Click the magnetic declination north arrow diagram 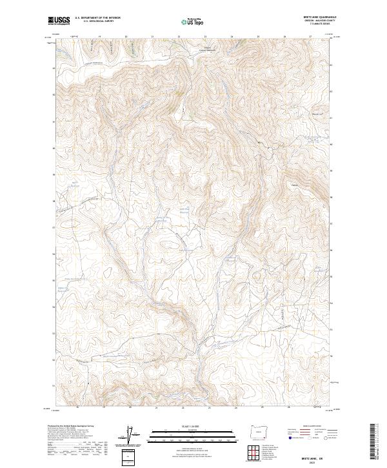133,436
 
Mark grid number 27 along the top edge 311,37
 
